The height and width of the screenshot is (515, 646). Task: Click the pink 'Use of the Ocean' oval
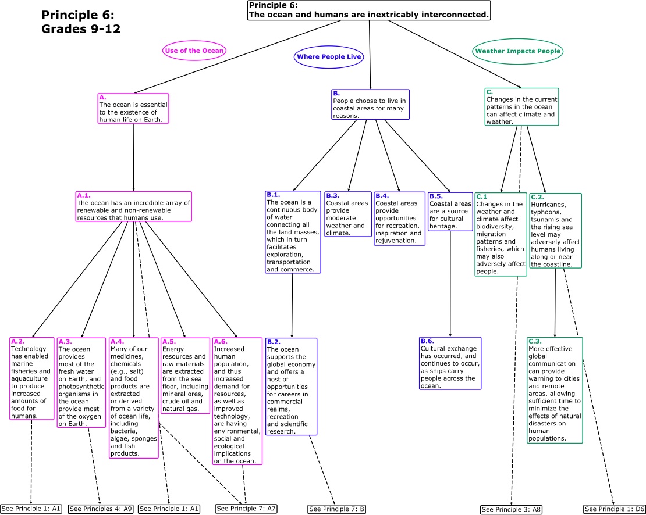coord(194,51)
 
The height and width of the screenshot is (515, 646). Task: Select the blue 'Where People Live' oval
coord(329,56)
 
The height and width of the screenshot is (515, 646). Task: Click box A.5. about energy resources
coord(184,375)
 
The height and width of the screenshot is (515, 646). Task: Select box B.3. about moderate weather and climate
coord(348,214)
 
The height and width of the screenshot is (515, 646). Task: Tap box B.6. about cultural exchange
coord(450,363)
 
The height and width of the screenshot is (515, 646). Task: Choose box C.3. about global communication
coord(555,389)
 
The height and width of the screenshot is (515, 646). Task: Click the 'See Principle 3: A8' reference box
coord(512,509)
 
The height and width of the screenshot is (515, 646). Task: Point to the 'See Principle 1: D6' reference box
coord(613,509)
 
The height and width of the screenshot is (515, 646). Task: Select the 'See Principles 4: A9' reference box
coord(101,509)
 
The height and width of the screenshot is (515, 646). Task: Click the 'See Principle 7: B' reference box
coord(337,509)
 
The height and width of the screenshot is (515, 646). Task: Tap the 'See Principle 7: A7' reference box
coord(246,508)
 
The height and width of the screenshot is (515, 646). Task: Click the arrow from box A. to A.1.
coord(134,157)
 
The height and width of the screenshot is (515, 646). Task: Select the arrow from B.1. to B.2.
coord(292,305)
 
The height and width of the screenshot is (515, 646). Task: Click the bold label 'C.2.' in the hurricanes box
coord(537,197)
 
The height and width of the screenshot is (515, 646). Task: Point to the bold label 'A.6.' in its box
coord(221,341)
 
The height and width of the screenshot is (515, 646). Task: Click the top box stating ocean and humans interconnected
coord(369,10)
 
